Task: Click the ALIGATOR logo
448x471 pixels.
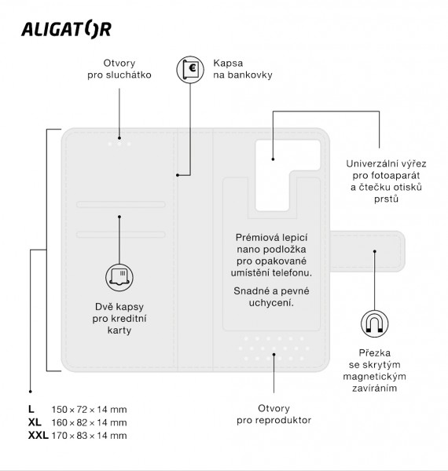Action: (65, 29)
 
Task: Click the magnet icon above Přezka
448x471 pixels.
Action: (374, 322)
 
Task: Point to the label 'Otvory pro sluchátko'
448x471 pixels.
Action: (119, 69)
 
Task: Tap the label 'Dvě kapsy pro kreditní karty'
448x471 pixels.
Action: (119, 318)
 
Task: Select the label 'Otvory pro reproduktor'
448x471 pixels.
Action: (274, 414)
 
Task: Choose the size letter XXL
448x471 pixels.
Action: (38, 435)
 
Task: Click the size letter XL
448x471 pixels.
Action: (34, 422)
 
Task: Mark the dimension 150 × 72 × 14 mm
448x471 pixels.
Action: (88, 410)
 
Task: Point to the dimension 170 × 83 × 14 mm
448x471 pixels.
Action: (88, 435)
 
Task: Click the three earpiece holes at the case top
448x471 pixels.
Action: (119, 144)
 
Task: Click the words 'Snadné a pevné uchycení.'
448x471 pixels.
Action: (274, 296)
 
